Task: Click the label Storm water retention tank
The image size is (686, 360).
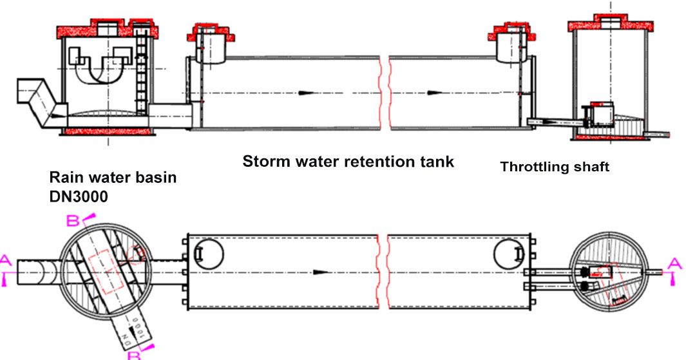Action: pyautogui.click(x=348, y=162)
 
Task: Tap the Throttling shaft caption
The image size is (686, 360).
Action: pyautogui.click(x=555, y=167)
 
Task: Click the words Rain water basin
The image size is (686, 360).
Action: pyautogui.click(x=113, y=178)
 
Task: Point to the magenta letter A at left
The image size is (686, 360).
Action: pyautogui.click(x=6, y=260)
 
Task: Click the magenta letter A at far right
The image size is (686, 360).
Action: pyautogui.click(x=673, y=262)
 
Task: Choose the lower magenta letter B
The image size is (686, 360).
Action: pyautogui.click(x=133, y=354)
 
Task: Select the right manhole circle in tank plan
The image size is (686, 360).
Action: pyautogui.click(x=506, y=256)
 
